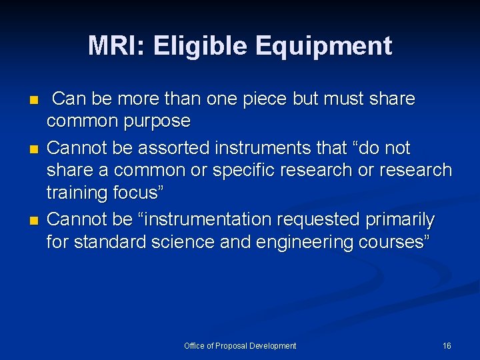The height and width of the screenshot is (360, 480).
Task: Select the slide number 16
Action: (x=447, y=346)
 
